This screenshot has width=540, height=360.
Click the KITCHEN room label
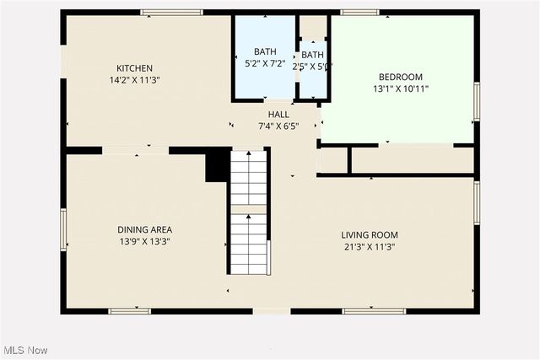click(134, 68)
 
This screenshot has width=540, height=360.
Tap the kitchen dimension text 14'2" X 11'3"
click(134, 80)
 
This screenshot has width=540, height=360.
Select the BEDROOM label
click(401, 77)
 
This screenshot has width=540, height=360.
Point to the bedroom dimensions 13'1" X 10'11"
click(401, 89)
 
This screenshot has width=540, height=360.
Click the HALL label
click(278, 115)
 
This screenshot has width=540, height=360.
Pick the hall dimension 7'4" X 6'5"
click(278, 126)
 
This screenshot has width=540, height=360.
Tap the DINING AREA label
click(144, 229)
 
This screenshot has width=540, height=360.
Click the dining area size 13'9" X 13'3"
click(144, 241)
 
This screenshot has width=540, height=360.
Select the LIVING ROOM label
click(369, 235)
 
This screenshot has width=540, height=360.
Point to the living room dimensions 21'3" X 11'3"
click(369, 247)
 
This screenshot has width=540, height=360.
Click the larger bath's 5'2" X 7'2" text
click(261, 63)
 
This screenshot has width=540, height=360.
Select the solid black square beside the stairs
click(218, 165)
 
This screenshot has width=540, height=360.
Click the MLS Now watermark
click(26, 350)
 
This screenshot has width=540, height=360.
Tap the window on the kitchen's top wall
click(171, 13)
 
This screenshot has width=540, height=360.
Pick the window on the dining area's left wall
click(63, 229)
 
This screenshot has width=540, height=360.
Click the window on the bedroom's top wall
click(359, 13)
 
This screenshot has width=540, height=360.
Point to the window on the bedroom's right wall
click(476, 101)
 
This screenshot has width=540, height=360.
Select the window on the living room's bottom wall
click(374, 311)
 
